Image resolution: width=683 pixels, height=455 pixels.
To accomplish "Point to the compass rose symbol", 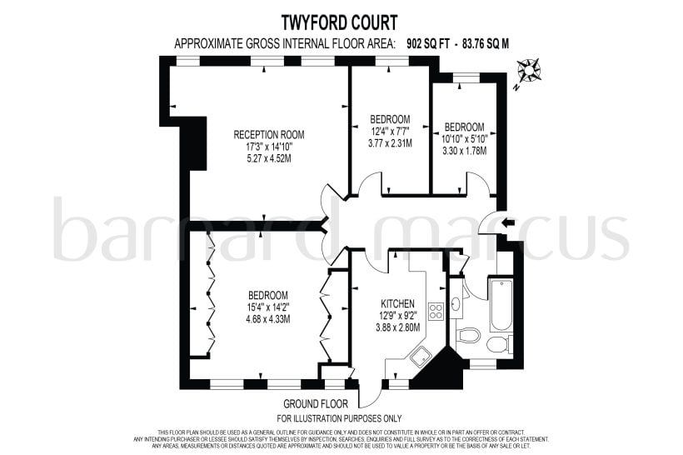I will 528,71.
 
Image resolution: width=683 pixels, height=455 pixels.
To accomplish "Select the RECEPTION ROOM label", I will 268,135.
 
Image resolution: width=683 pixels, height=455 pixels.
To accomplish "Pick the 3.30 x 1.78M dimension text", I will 463,151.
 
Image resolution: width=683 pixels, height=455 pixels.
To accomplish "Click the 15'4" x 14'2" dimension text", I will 268,307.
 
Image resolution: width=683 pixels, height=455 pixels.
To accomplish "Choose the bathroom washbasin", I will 456,304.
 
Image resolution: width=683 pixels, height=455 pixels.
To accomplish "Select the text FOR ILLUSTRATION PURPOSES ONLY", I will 339,417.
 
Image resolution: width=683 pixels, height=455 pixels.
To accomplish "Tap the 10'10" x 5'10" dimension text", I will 463,138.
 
